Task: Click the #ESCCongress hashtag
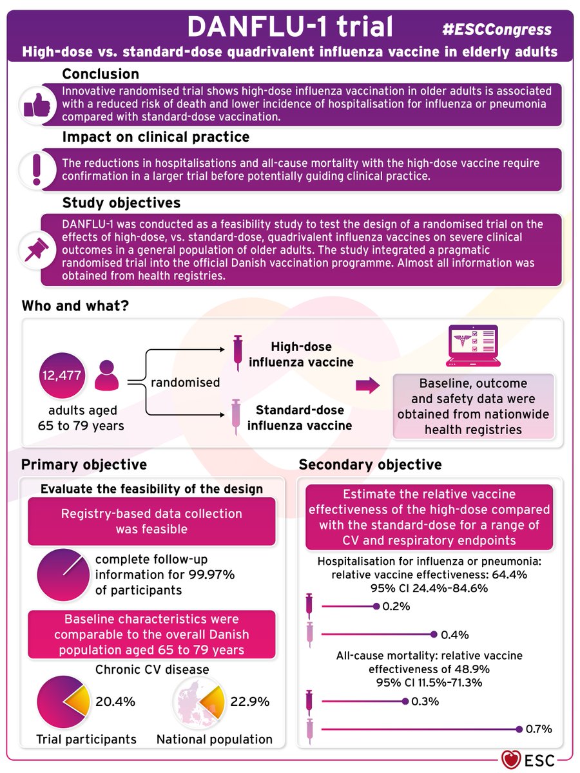pyautogui.click(x=497, y=29)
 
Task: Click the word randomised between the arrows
pyautogui.click(x=185, y=383)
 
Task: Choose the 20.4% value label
pyautogui.click(x=115, y=701)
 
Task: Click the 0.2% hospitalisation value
pyautogui.click(x=396, y=606)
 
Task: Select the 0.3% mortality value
pyautogui.click(x=425, y=701)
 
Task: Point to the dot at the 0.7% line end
pyautogui.click(x=519, y=729)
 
